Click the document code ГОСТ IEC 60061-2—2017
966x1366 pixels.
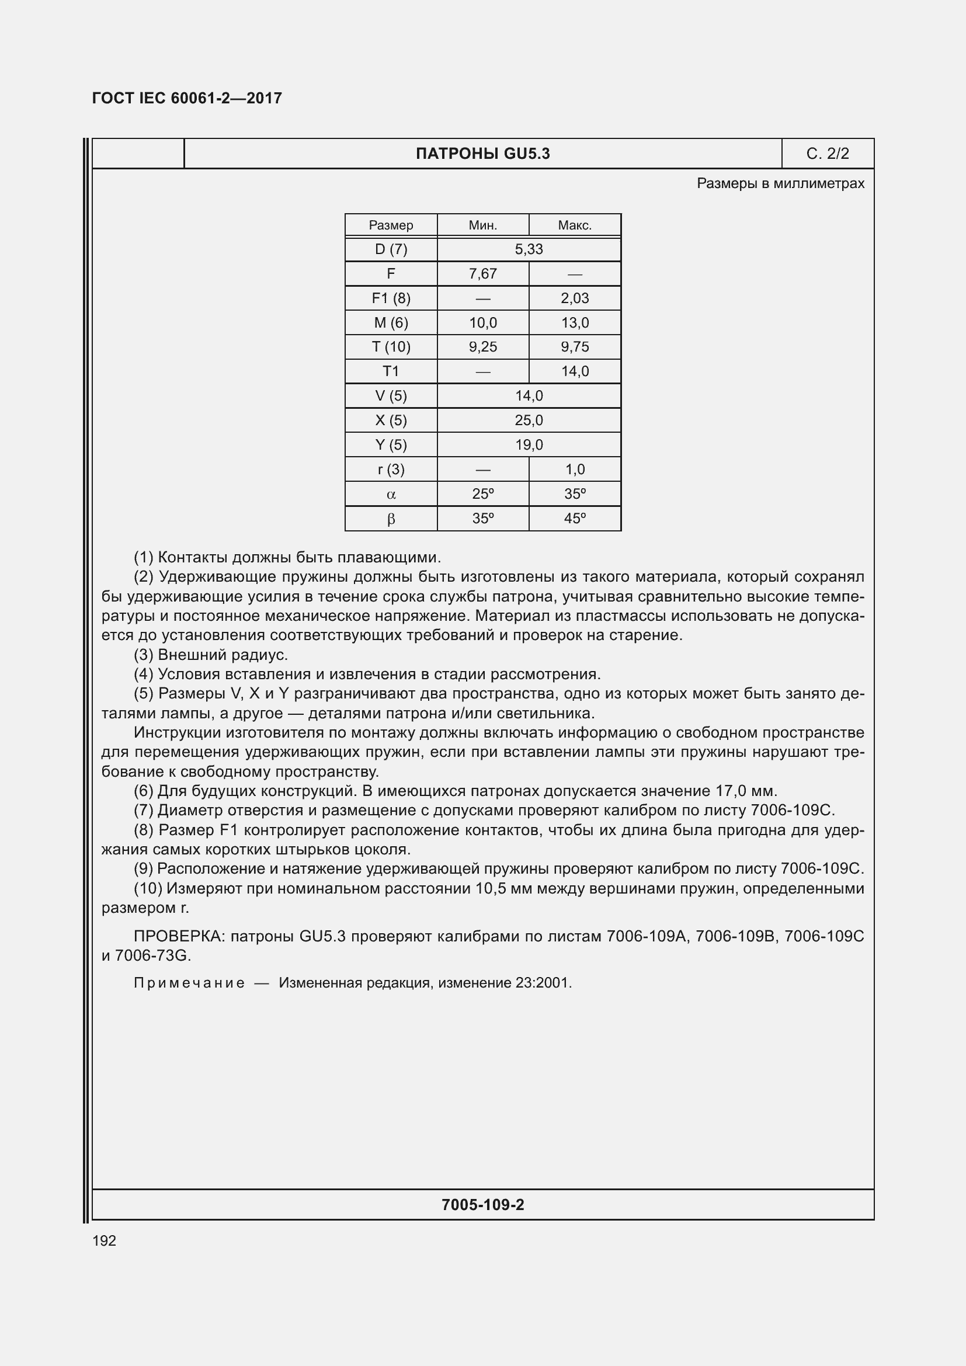pos(187,98)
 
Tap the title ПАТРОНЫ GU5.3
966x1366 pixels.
pos(482,154)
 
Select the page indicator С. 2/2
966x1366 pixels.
pos(828,154)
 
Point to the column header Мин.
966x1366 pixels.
pos(482,225)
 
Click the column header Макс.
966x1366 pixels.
pos(575,225)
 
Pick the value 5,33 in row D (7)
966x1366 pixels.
pos(529,249)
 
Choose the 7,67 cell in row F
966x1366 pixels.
pos(482,274)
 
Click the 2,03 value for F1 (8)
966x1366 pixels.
pos(575,298)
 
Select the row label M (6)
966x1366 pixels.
pos(391,322)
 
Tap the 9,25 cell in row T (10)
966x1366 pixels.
pos(482,347)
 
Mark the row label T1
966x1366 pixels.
pos(391,371)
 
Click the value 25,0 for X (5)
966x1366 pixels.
pos(529,420)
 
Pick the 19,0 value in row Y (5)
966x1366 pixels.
pos(529,444)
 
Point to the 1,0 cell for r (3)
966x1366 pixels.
pos(575,470)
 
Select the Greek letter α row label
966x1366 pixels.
pos(391,495)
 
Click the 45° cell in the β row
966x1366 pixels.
pos(575,518)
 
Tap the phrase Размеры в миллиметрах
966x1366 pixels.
pos(780,183)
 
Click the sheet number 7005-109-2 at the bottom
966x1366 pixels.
pos(482,1205)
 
